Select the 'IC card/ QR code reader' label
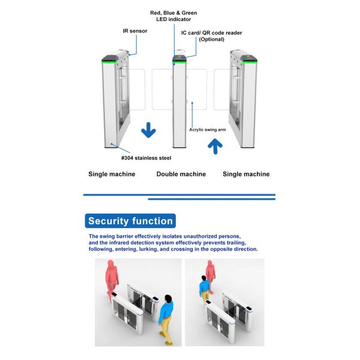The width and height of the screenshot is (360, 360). coord(212,35)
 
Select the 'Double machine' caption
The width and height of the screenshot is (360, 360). coord(181,174)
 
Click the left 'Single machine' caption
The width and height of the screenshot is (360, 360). coord(112,174)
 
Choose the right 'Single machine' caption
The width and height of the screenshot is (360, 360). coord(246,174)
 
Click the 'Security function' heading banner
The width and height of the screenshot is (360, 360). coord(130,221)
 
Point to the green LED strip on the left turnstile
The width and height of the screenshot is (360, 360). coord(115,59)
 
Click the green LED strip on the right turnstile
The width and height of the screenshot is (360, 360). coord(244,59)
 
